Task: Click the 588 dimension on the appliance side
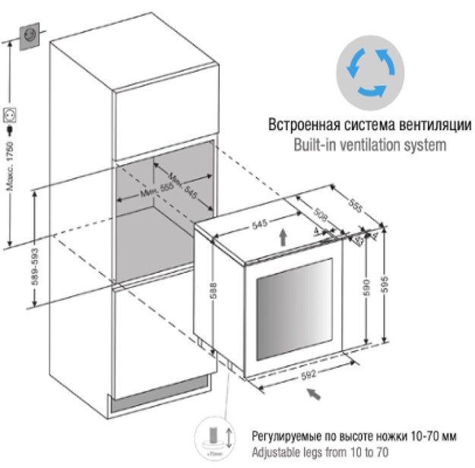point(215,290)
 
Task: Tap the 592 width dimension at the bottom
point(309,373)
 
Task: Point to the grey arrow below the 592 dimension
point(312,394)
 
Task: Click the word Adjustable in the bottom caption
point(278,451)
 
